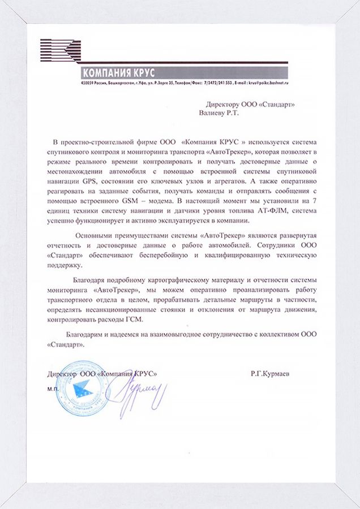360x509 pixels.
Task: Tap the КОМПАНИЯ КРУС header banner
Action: [118, 72]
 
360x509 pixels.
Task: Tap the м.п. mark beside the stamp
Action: [52, 390]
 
